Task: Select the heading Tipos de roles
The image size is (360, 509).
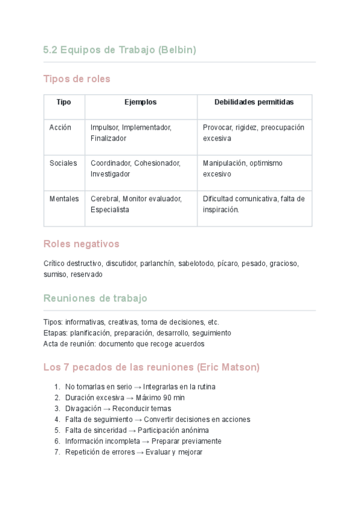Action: (x=77, y=79)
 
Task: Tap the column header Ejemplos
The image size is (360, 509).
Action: (x=140, y=102)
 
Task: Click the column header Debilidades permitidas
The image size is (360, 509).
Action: (x=254, y=102)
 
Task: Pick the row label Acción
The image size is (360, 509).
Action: (x=60, y=127)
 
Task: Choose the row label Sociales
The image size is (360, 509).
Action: (x=63, y=163)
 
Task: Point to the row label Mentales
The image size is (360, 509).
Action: (x=64, y=199)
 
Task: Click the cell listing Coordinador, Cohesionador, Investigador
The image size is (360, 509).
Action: (x=136, y=169)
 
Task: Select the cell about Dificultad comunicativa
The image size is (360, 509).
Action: (x=254, y=204)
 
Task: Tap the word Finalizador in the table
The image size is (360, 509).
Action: (x=109, y=138)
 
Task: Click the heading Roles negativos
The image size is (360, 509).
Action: (x=82, y=244)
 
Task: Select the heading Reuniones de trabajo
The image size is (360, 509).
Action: (x=95, y=298)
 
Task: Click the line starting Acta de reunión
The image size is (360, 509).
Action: (x=124, y=344)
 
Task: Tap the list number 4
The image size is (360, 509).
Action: (x=57, y=420)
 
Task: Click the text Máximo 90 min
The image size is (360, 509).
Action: (x=160, y=398)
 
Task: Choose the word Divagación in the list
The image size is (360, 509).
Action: (x=83, y=409)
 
